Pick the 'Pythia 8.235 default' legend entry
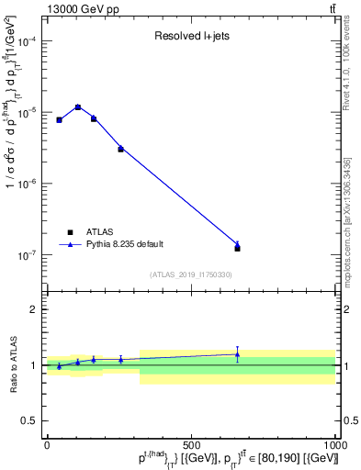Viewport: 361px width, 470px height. [x=116, y=244]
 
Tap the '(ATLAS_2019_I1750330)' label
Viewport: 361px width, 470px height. [x=191, y=274]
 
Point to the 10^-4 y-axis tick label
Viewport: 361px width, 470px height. [x=28, y=42]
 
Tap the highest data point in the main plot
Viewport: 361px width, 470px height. [x=78, y=107]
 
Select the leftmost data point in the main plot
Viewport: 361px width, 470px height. [x=59, y=120]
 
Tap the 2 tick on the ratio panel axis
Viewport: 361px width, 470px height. [x=34, y=309]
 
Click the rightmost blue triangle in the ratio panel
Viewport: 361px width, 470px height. [x=238, y=354]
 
